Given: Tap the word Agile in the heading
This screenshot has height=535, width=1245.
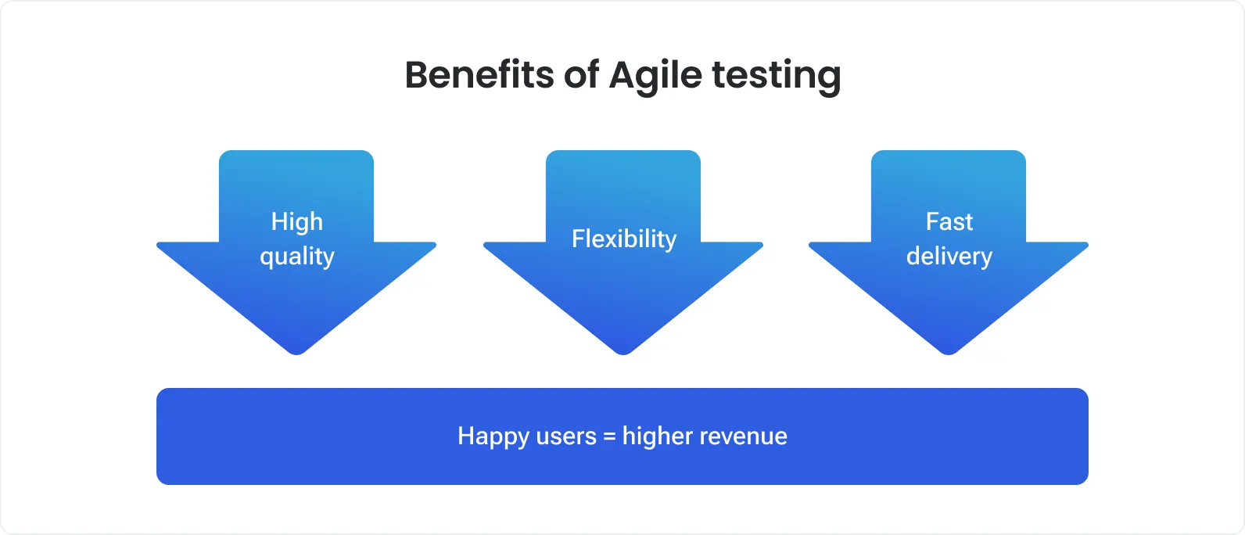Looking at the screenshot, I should click(655, 77).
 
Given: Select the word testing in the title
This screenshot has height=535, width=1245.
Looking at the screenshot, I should click(776, 77).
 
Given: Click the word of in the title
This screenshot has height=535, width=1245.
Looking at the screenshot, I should click(582, 75).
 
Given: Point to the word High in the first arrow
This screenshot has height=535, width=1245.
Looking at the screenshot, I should click(297, 222).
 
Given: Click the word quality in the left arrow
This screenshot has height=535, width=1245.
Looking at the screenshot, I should click(297, 257).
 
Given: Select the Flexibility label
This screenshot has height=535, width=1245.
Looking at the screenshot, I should click(623, 239).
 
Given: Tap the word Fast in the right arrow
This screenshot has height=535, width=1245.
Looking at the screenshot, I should click(949, 221).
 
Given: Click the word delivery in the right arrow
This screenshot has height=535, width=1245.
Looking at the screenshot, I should click(949, 257).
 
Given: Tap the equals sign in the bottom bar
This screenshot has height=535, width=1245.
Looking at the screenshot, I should click(609, 436).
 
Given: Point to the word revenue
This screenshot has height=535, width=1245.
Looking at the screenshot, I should click(747, 436).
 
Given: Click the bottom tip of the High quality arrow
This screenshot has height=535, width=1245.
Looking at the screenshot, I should click(296, 353).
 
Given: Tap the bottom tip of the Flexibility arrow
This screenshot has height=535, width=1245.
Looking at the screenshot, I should click(623, 353).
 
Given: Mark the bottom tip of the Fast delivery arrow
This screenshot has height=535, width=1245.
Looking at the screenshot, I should click(949, 353).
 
